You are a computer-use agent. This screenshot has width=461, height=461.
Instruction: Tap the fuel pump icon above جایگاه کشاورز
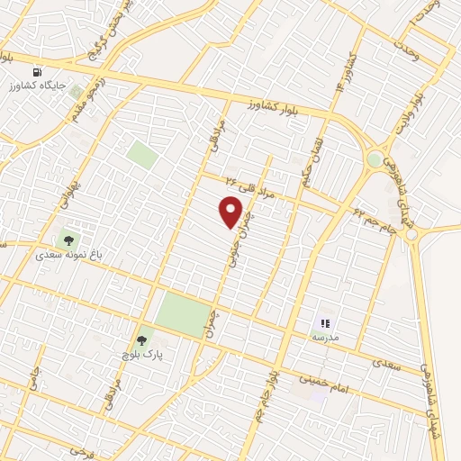(x=37, y=72)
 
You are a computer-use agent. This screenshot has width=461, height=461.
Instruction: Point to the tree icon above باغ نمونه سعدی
(x=68, y=240)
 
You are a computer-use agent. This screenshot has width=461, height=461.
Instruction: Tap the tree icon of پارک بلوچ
(x=140, y=340)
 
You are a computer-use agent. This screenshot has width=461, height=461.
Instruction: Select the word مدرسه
(x=325, y=337)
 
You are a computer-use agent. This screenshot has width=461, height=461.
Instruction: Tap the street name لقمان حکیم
(x=311, y=153)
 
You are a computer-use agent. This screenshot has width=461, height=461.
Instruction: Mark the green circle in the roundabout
(x=375, y=159)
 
